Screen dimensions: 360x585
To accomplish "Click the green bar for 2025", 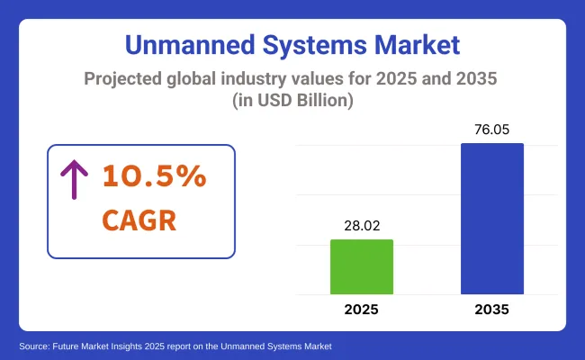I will [x=362, y=266].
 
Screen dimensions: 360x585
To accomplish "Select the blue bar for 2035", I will [x=491, y=219].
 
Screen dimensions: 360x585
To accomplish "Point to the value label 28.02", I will [x=362, y=223].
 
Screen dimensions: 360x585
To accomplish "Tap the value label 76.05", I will [x=491, y=128].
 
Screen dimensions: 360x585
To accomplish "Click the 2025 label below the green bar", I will [x=362, y=310].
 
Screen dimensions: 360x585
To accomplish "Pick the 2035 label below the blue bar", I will [x=491, y=310].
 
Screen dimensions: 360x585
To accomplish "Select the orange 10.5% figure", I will [x=153, y=177].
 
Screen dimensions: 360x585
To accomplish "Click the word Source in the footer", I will [x=32, y=346].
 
